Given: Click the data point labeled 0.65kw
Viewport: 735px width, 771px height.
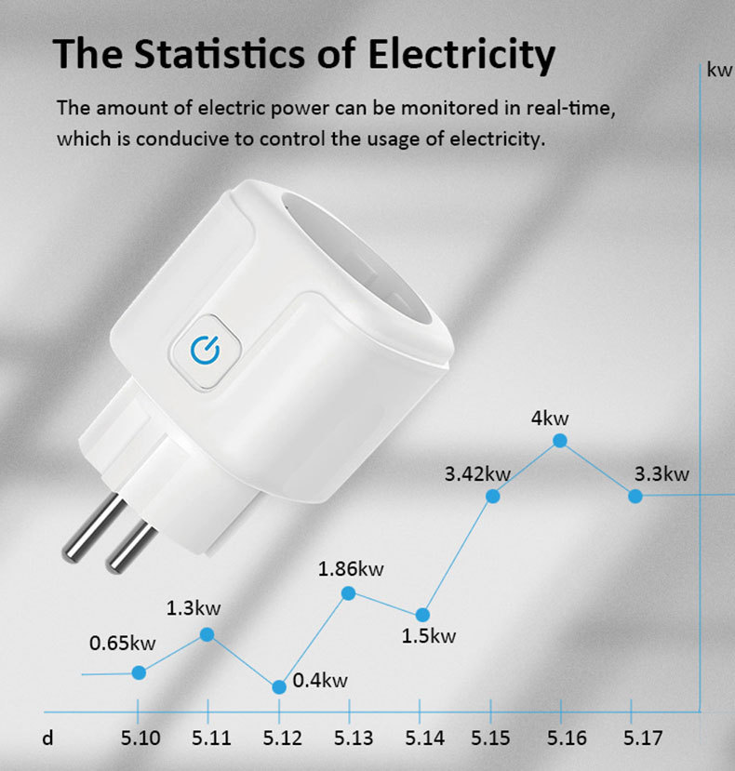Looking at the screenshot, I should point(139,672).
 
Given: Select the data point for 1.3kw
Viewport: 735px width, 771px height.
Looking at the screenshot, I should point(207,634).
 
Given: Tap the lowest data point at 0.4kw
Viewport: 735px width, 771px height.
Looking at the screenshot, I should point(279,687).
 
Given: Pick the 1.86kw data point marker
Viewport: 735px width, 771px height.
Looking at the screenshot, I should point(349,592).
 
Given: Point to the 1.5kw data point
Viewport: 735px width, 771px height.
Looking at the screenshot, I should point(422,615).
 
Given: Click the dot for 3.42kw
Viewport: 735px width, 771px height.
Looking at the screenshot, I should point(493,497).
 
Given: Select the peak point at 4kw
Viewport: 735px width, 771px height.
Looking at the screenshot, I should point(560,440).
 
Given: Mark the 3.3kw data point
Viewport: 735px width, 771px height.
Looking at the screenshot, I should point(635,497).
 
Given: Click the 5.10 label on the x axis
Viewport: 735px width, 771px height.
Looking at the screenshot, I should point(140,738).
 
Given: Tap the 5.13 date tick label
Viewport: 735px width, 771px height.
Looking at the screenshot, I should point(354,738).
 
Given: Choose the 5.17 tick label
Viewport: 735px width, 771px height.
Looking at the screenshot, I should point(643,738).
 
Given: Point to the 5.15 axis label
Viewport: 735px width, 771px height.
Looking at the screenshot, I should point(490,738).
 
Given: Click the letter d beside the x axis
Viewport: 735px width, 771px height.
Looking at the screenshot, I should point(48,739).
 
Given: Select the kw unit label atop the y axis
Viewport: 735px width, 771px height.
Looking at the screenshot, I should point(719,71).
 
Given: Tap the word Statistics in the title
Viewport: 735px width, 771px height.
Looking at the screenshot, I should point(224,55).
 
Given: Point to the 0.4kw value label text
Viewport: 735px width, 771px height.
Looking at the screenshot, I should point(320,681).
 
